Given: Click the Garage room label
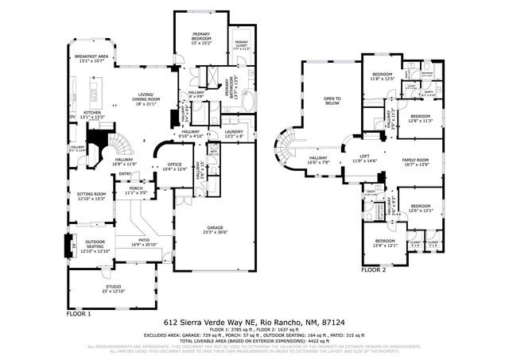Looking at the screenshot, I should [213, 228].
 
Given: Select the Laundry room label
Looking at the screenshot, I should [233, 134].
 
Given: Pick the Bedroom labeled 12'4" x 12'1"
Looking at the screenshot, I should [385, 242].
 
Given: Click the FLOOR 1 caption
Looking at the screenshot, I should [78, 312].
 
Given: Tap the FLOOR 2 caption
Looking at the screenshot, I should [373, 269].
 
